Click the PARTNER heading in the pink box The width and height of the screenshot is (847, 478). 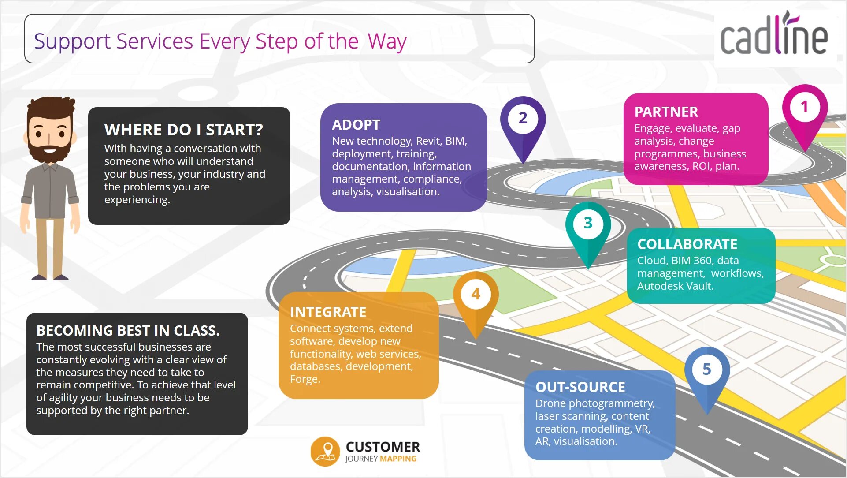[666, 112]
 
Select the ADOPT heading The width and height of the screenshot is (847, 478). [356, 125]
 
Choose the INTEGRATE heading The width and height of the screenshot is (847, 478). [328, 312]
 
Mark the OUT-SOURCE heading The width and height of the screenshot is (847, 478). [580, 387]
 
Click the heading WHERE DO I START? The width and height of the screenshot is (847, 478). [183, 130]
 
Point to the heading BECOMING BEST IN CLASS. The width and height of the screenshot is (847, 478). [128, 330]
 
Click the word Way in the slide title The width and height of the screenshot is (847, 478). [387, 42]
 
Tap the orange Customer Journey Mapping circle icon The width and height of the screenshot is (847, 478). [325, 452]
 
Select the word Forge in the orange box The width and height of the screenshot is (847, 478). [304, 379]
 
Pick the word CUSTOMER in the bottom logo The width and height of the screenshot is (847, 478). [383, 447]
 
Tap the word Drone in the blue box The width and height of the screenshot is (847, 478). [550, 403]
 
